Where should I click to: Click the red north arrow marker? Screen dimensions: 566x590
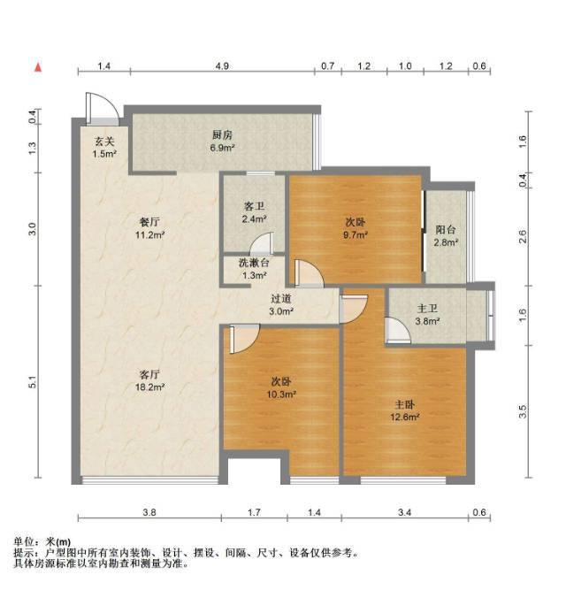point(38,67)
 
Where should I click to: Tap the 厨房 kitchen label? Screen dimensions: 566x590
point(222,134)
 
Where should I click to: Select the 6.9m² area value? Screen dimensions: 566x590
point(222,148)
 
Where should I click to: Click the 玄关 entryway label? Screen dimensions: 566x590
point(104,142)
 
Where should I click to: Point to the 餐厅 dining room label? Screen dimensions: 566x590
point(149,222)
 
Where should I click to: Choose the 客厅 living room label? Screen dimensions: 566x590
point(149,374)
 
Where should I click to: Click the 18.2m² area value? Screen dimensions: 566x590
point(149,387)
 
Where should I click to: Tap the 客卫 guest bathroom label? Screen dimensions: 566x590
point(254,206)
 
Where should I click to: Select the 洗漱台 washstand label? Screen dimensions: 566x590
point(254,263)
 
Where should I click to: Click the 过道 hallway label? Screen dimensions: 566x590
point(281,299)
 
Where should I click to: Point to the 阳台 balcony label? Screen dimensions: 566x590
point(446,229)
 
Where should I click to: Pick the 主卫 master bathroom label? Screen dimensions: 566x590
point(428,309)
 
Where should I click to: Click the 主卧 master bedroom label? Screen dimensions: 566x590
point(405,404)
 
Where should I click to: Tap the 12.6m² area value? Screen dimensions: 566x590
point(405,417)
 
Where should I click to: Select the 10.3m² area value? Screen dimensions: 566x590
point(281,395)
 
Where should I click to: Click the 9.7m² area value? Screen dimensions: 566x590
point(355,234)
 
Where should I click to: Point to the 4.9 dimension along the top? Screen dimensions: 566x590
point(222,66)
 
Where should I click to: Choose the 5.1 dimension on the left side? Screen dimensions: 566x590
point(33,382)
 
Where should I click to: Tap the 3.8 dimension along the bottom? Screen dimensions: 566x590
point(149,512)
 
